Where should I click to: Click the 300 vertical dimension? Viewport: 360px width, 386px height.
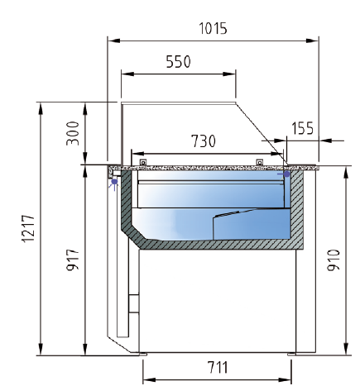pyautogui.click(x=73, y=133)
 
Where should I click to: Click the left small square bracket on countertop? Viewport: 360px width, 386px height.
pyautogui.click(x=143, y=163)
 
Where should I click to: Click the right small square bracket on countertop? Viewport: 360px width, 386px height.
pyautogui.click(x=260, y=162)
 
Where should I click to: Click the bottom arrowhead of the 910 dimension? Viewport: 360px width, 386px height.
pyautogui.click(x=346, y=351)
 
